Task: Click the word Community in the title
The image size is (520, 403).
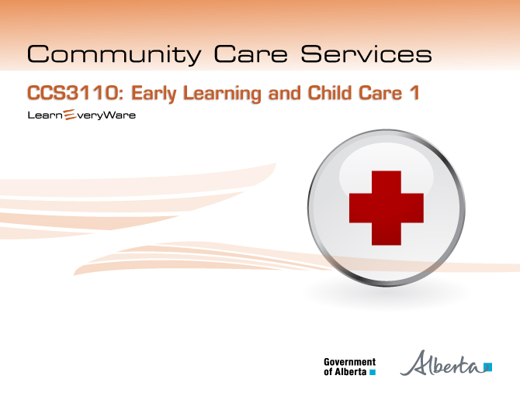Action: pyautogui.click(x=114, y=54)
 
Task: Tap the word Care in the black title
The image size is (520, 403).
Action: pyautogui.click(x=251, y=53)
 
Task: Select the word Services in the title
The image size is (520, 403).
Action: pyautogui.click(x=366, y=53)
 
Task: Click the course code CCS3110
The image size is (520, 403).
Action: pyautogui.click(x=73, y=93)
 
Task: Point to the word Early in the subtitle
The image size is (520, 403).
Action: pyautogui.click(x=154, y=94)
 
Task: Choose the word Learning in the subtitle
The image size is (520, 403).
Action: pyautogui.click(x=222, y=94)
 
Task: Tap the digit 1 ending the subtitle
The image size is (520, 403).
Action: pyautogui.click(x=414, y=93)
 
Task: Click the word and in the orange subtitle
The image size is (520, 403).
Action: pyautogui.click(x=285, y=93)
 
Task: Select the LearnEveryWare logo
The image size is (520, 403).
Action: pyautogui.click(x=81, y=115)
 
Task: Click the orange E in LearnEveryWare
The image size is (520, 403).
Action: pyautogui.click(x=69, y=115)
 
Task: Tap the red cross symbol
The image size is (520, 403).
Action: pyautogui.click(x=387, y=208)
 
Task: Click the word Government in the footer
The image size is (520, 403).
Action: pyautogui.click(x=350, y=362)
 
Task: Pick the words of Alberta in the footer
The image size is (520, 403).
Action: pyautogui.click(x=345, y=372)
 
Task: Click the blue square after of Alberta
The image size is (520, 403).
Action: pyautogui.click(x=373, y=372)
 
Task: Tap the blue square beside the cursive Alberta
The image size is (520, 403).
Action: pyautogui.click(x=488, y=367)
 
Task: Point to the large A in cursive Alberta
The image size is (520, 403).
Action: pyautogui.click(x=416, y=363)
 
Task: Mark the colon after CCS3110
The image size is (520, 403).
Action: pyautogui.click(x=121, y=95)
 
